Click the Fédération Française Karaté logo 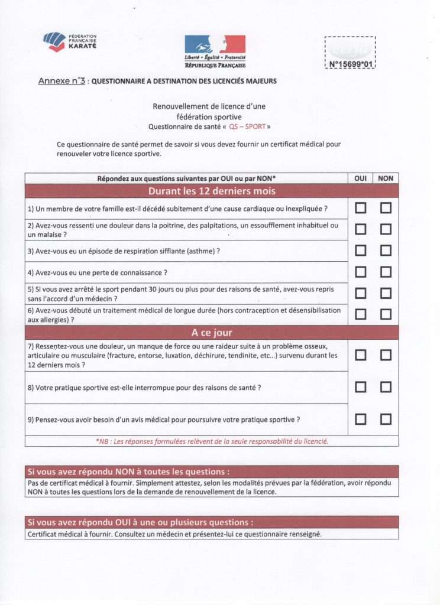tap(70, 41)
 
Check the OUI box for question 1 tap(360, 208)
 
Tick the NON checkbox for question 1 tap(386, 208)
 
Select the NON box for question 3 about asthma tap(386, 251)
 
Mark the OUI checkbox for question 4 tap(360, 272)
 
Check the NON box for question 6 tap(386, 314)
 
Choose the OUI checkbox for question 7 tap(360, 355)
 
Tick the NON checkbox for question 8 tap(386, 387)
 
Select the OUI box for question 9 tap(360, 419)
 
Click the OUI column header tap(360, 178)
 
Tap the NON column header tap(386, 178)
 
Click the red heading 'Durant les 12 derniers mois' tap(211, 191)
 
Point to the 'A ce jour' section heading tap(211, 333)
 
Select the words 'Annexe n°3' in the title tap(61, 81)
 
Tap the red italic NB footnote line tap(211, 441)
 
